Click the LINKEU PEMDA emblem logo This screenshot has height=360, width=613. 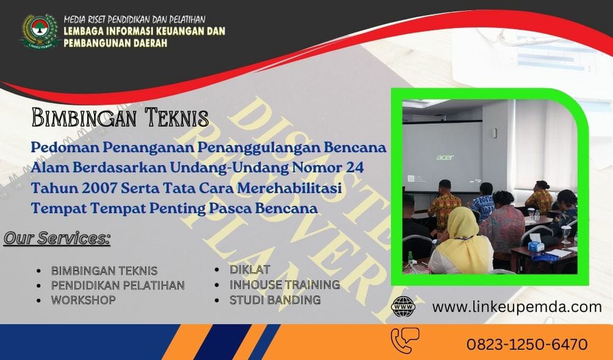tap(39, 31)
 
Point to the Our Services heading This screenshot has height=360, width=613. tap(57, 238)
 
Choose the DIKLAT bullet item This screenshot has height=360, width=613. tap(250, 269)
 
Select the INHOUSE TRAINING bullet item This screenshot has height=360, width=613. tap(285, 284)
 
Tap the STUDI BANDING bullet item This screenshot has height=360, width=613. tap(275, 300)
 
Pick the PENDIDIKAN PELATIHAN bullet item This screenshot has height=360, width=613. tap(118, 285)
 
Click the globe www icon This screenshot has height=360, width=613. tap(403, 306)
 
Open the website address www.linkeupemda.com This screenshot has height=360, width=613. tap(517, 307)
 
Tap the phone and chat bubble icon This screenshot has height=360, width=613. tap(405, 340)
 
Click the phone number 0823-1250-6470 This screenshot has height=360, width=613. tap(527, 344)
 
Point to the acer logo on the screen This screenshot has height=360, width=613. tap(445, 157)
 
